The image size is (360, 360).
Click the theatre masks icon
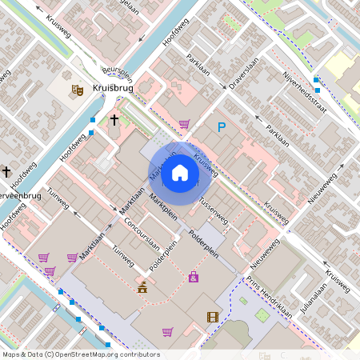pos(78,90)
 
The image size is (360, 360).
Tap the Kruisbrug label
pos(112,90)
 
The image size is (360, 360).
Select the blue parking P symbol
pos(222,126)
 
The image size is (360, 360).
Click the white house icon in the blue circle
pos(179,172)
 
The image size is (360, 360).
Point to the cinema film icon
pos(212,317)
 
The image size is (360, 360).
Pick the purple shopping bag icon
pos(193,277)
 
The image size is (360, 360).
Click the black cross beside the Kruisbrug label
pos(114,120)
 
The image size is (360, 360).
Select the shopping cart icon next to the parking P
pos(184,124)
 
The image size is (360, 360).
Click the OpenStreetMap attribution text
pos(80,354)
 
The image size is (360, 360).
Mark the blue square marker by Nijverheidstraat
pos(317,80)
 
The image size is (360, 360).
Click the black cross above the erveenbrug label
pos(6,171)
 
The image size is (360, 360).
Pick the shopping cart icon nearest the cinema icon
pos(167,331)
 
